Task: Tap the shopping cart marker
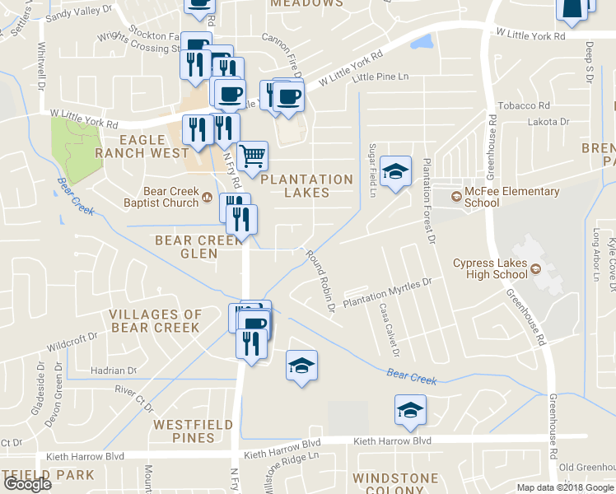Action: coord(252,155)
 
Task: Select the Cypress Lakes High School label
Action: coord(489,269)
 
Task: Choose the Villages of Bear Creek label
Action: coord(155,320)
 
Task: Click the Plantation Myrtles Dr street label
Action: coord(387,294)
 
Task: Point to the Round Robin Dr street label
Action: coord(320,282)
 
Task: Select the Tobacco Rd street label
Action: coord(525,105)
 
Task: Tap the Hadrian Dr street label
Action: coord(114,370)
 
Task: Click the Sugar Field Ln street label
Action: coord(372,169)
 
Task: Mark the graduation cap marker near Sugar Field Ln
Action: coord(396,172)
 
